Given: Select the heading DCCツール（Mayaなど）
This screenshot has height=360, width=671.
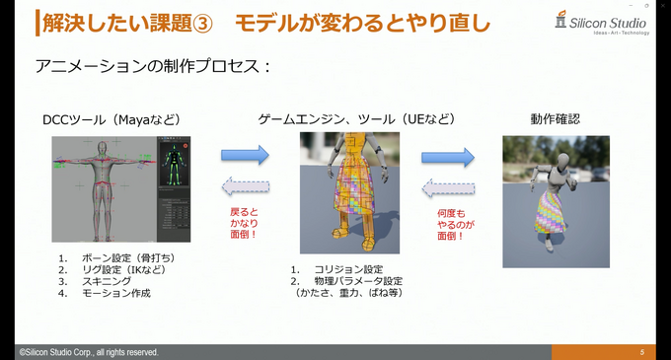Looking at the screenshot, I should (112, 119).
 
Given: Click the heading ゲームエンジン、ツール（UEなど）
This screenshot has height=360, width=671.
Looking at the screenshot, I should (356, 119).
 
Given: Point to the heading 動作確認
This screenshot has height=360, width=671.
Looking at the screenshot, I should (555, 119).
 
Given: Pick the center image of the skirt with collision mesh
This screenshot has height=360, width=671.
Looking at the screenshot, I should (349, 192).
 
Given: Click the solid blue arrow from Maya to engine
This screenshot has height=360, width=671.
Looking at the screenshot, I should (245, 155).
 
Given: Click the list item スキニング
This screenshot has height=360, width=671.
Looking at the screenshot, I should (108, 281).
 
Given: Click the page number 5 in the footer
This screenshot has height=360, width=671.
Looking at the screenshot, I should (641, 352).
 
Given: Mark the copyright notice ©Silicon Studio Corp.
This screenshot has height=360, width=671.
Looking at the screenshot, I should (87, 352).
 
